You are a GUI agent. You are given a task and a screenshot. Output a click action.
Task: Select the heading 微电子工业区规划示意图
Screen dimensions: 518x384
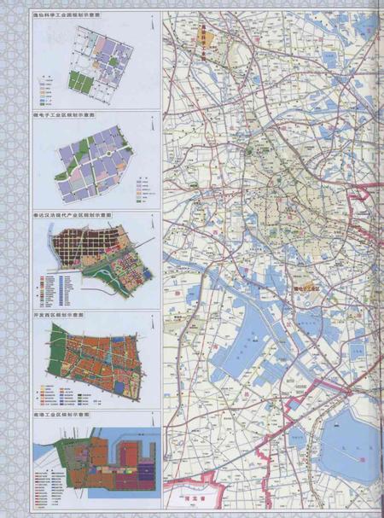point(60,113)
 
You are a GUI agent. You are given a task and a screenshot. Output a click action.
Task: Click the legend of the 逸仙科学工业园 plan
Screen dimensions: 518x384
point(49,82)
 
